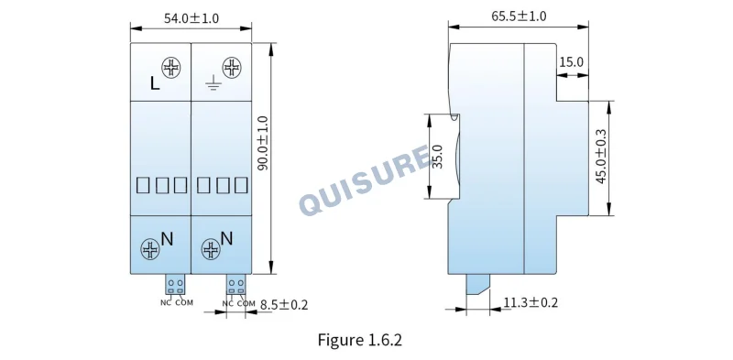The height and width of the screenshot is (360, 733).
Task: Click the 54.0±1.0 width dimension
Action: point(191,18)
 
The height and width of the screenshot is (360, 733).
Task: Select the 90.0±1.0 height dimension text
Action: point(263,143)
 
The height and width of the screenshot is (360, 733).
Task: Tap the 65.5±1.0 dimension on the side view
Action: point(519,16)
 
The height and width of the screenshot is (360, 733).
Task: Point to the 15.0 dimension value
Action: point(571,62)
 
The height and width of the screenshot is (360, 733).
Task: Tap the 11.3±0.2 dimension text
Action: point(531,302)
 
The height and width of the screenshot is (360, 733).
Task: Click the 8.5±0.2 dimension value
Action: point(284,305)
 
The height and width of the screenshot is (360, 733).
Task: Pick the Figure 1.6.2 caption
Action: point(359,340)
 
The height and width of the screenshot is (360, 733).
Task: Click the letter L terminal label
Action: point(155,83)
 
